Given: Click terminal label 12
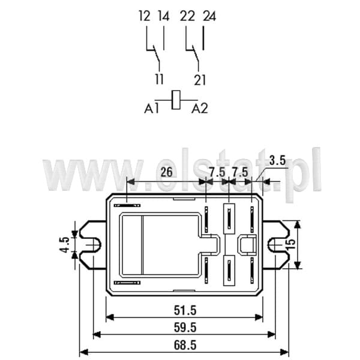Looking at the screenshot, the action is tap(145, 16).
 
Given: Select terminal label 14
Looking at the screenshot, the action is tap(164, 16).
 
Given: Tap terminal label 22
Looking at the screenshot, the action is tap(187, 16).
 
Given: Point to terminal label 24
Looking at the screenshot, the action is tap(209, 16).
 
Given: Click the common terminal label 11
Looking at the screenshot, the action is tap(160, 79).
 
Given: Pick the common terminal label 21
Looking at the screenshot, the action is tap(200, 80).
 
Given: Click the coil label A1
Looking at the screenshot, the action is tap(151, 109).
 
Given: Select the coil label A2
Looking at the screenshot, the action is tap(200, 109).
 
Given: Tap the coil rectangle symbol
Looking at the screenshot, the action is tap(176, 100).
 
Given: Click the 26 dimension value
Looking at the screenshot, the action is tap(166, 172).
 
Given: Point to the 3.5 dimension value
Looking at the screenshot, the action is tap(277, 160).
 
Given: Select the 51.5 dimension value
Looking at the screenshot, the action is tap(185, 310).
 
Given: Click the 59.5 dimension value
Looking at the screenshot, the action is tap(185, 328).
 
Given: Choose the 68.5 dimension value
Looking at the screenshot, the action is tap(185, 345).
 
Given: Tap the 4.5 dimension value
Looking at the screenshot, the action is tap(65, 245).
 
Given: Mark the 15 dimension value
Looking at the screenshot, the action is tap(291, 245).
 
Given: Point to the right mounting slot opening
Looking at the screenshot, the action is tap(276, 245).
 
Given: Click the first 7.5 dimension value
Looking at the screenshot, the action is tap(217, 172).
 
